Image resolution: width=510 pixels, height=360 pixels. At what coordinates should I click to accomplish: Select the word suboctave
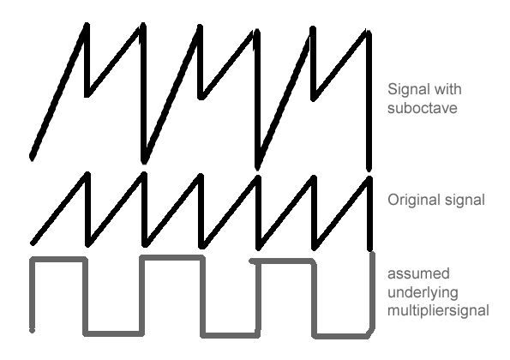423,108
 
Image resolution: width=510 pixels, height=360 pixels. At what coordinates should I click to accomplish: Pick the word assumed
418,273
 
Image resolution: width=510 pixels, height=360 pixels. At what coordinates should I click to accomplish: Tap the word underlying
423,292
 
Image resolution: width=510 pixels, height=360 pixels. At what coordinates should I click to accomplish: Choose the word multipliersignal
439,310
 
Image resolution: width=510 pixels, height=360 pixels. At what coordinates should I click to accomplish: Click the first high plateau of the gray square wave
58,259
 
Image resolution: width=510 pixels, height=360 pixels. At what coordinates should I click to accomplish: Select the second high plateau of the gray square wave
172,257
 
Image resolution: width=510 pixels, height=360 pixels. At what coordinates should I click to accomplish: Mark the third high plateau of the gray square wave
282,261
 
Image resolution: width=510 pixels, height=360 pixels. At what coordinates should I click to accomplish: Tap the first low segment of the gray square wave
113,333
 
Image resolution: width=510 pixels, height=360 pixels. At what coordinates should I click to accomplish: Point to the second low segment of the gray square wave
230,335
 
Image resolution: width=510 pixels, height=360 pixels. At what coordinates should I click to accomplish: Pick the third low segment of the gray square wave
341,336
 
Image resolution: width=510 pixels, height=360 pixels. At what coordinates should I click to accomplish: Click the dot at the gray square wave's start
32,330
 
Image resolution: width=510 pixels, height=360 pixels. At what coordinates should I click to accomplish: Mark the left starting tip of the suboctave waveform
32,157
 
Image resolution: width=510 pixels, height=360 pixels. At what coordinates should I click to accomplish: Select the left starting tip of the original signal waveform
33,243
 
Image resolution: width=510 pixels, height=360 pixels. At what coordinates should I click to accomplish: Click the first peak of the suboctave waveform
87,25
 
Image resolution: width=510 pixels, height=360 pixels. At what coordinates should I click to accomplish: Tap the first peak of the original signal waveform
87,174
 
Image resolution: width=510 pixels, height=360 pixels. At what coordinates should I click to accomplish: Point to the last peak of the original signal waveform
369,178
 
